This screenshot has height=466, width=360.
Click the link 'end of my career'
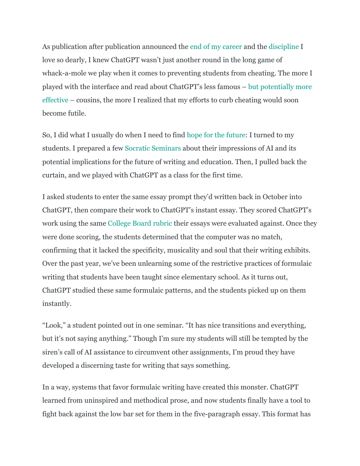216,47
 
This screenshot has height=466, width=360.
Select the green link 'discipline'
284,47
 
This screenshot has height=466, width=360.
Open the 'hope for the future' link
216,135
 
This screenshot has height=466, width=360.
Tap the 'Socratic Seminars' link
153,148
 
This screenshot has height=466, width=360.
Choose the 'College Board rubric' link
140,223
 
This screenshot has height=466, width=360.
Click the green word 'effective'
55,100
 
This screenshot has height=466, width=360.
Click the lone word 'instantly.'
57,304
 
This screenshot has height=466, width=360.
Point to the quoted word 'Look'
53,325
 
